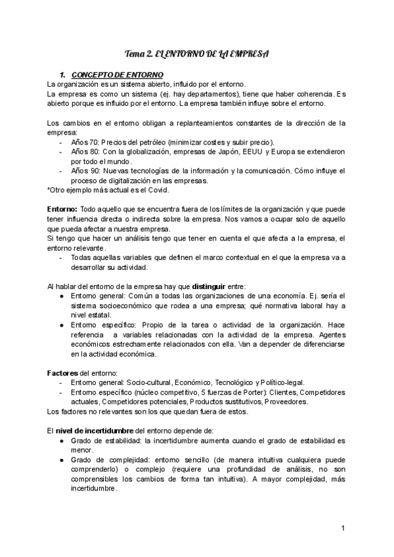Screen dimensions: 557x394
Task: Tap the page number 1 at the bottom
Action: tap(343, 528)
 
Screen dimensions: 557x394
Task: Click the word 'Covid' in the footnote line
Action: tap(158, 190)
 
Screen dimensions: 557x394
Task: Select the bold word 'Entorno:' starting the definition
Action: tap(63, 209)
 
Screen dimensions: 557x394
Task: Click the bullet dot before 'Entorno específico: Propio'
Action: tap(61, 325)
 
